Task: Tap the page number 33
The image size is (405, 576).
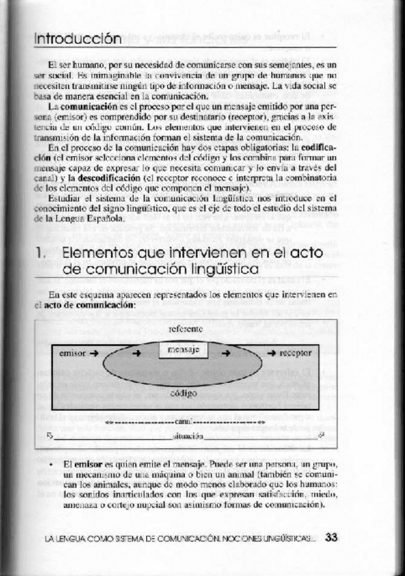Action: pos(331,537)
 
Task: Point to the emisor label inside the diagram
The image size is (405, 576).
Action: pos(72,353)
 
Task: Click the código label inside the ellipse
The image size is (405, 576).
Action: pos(183,393)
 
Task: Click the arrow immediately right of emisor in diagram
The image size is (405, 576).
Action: pos(94,353)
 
